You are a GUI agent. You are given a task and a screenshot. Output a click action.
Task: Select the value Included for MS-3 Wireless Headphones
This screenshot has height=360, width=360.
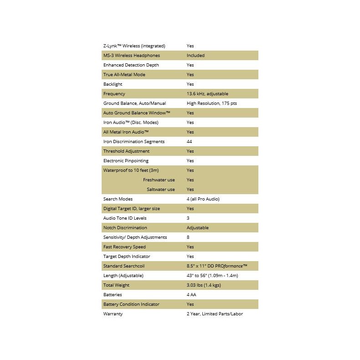click(195, 56)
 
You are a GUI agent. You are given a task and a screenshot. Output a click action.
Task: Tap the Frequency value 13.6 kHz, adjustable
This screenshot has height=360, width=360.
click(207, 94)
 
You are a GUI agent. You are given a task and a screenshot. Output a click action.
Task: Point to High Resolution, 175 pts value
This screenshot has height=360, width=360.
click(211, 103)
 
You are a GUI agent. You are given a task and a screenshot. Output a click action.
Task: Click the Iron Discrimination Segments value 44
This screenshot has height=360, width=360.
click(190, 142)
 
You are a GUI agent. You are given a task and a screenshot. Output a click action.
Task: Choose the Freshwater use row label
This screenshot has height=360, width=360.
click(159, 180)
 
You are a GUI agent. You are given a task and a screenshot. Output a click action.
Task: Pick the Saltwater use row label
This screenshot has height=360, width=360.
click(160, 190)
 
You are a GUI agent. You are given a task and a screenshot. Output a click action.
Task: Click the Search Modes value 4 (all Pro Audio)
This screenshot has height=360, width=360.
click(206, 199)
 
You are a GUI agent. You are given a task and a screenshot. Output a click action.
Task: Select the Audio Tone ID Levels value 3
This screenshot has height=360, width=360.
click(188, 218)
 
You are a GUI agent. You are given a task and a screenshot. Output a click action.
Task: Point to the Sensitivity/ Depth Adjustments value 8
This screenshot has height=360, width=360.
click(188, 237)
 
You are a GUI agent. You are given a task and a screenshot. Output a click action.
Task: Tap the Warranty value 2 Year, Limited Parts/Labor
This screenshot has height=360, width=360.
click(215, 314)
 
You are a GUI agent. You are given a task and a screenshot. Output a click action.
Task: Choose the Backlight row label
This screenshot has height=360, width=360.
click(113, 84)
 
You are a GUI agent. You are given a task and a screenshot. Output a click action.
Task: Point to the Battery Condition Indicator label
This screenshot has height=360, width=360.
click(131, 304)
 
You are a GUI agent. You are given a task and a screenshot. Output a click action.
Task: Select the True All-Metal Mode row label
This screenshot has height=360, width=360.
click(124, 75)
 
